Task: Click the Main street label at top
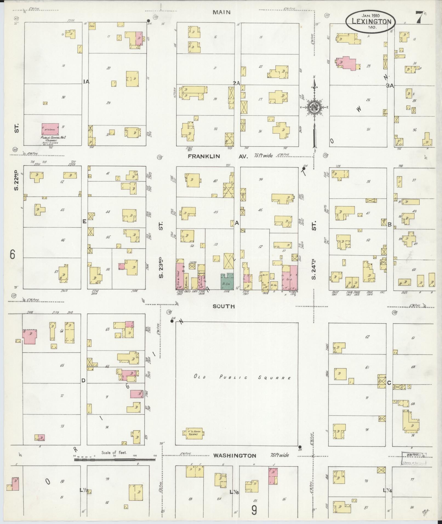[x=221, y=12]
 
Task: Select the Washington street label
[x=235, y=456]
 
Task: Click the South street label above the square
[x=224, y=306]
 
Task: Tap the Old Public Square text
[x=242, y=378]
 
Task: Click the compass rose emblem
[x=314, y=107]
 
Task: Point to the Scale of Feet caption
[x=114, y=453]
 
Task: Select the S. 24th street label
[x=314, y=270]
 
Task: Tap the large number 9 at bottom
[x=254, y=510]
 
